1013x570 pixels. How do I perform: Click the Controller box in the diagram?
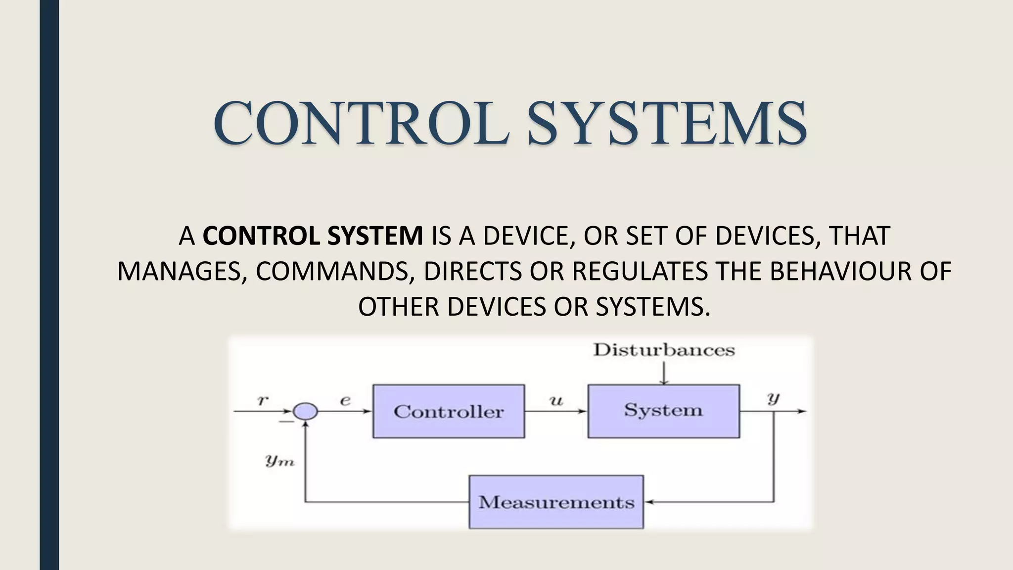pos(448,411)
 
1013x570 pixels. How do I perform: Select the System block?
pos(663,411)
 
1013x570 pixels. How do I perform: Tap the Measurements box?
pos(556,502)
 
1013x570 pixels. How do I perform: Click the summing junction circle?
pos(305,411)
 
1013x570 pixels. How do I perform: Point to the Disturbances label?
pos(664,350)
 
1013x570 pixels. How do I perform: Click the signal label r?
pos(262,400)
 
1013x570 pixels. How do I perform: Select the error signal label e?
pos(345,400)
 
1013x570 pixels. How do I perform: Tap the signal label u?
pos(556,400)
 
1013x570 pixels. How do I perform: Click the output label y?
pos(773,398)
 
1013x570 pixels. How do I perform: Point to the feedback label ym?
pos(280,461)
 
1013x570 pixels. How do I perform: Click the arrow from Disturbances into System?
pos(664,373)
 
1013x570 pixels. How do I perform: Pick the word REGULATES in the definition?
pos(640,271)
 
